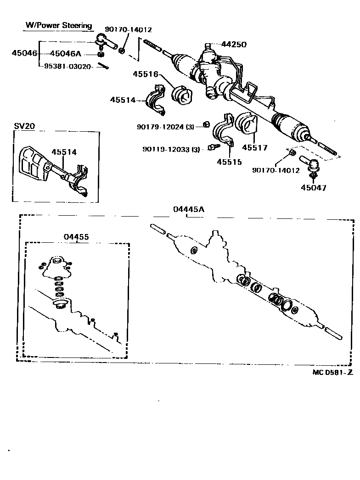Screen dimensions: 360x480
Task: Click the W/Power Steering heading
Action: tap(58, 25)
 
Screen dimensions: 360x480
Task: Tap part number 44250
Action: tap(234, 45)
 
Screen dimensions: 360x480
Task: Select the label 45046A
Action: tap(65, 54)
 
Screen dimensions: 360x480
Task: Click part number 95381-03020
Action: tap(67, 66)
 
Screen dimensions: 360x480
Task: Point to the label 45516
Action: tap(146, 74)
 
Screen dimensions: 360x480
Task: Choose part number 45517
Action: tap(254, 148)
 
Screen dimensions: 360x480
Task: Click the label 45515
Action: tap(229, 162)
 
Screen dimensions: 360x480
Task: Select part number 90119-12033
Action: tap(166, 150)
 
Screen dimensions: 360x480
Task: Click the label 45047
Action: tap(314, 188)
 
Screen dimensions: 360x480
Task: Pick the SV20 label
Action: tap(24, 126)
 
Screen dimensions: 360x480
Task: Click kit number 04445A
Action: tap(189, 209)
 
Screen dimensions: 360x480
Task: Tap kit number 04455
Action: tap(76, 237)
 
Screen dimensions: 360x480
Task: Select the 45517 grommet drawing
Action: tap(247, 125)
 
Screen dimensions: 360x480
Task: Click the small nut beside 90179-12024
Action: tap(207, 124)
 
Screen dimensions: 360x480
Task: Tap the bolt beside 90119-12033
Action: tap(214, 147)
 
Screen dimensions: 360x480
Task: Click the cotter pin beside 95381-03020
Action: tap(103, 66)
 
